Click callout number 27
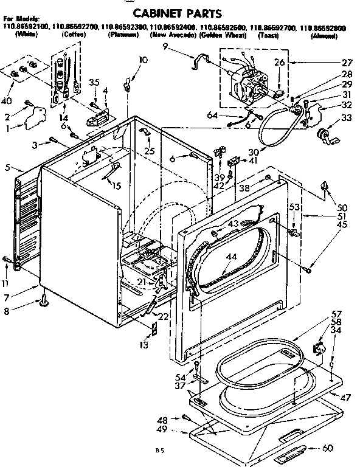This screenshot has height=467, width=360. click(x=347, y=62)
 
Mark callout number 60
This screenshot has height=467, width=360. click(x=344, y=449)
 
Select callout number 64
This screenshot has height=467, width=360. click(x=212, y=115)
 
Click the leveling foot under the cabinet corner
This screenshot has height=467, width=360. click(x=44, y=299)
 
